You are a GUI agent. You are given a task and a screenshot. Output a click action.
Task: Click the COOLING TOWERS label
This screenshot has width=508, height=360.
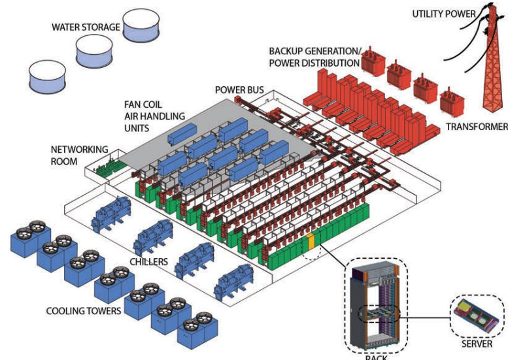click(x=82, y=311)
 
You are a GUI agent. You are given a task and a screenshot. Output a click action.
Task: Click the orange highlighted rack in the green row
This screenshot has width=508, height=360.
click(x=311, y=242)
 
